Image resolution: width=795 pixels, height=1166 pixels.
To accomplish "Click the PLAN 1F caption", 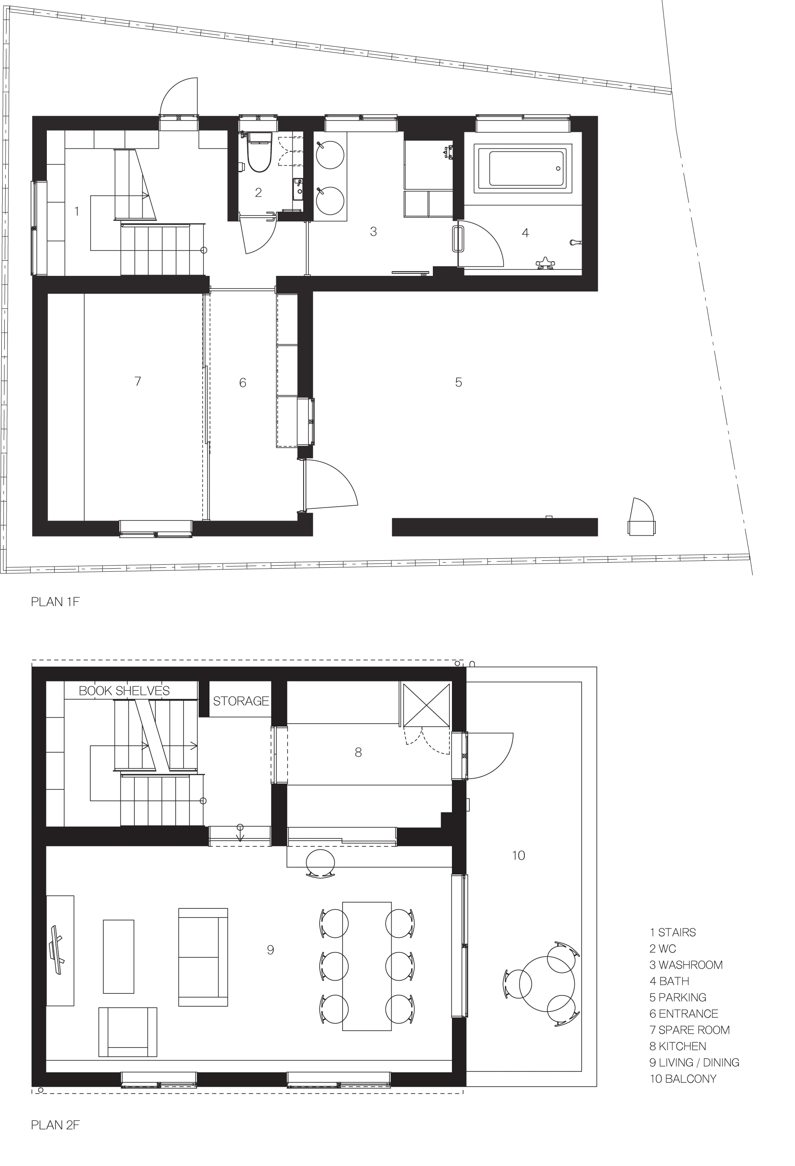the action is pos(55,602).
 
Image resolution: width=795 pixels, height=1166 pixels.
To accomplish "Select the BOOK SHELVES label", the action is pos(124,691).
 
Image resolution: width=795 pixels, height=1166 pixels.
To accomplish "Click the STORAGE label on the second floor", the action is pos(241,701).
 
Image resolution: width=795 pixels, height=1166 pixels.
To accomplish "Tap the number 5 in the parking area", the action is pos(458,382).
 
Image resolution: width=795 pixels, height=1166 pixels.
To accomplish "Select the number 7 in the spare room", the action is pos(138,381).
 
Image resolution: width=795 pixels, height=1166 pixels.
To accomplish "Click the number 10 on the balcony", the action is pos(519,855).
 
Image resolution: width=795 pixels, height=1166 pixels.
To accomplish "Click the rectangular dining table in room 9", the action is pos(366,966).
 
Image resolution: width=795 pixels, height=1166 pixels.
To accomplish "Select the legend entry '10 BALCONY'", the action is pos(683,1079).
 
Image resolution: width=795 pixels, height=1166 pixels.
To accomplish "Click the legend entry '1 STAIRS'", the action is pos(673,932).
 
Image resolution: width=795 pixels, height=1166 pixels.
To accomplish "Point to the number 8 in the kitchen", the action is pos(358,752).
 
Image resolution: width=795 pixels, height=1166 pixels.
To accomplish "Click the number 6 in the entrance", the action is pos(243,383).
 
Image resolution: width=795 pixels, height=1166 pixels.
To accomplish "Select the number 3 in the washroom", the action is pos(373,231).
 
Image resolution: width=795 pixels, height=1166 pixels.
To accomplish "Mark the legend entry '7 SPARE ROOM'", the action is pos(690,1030).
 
